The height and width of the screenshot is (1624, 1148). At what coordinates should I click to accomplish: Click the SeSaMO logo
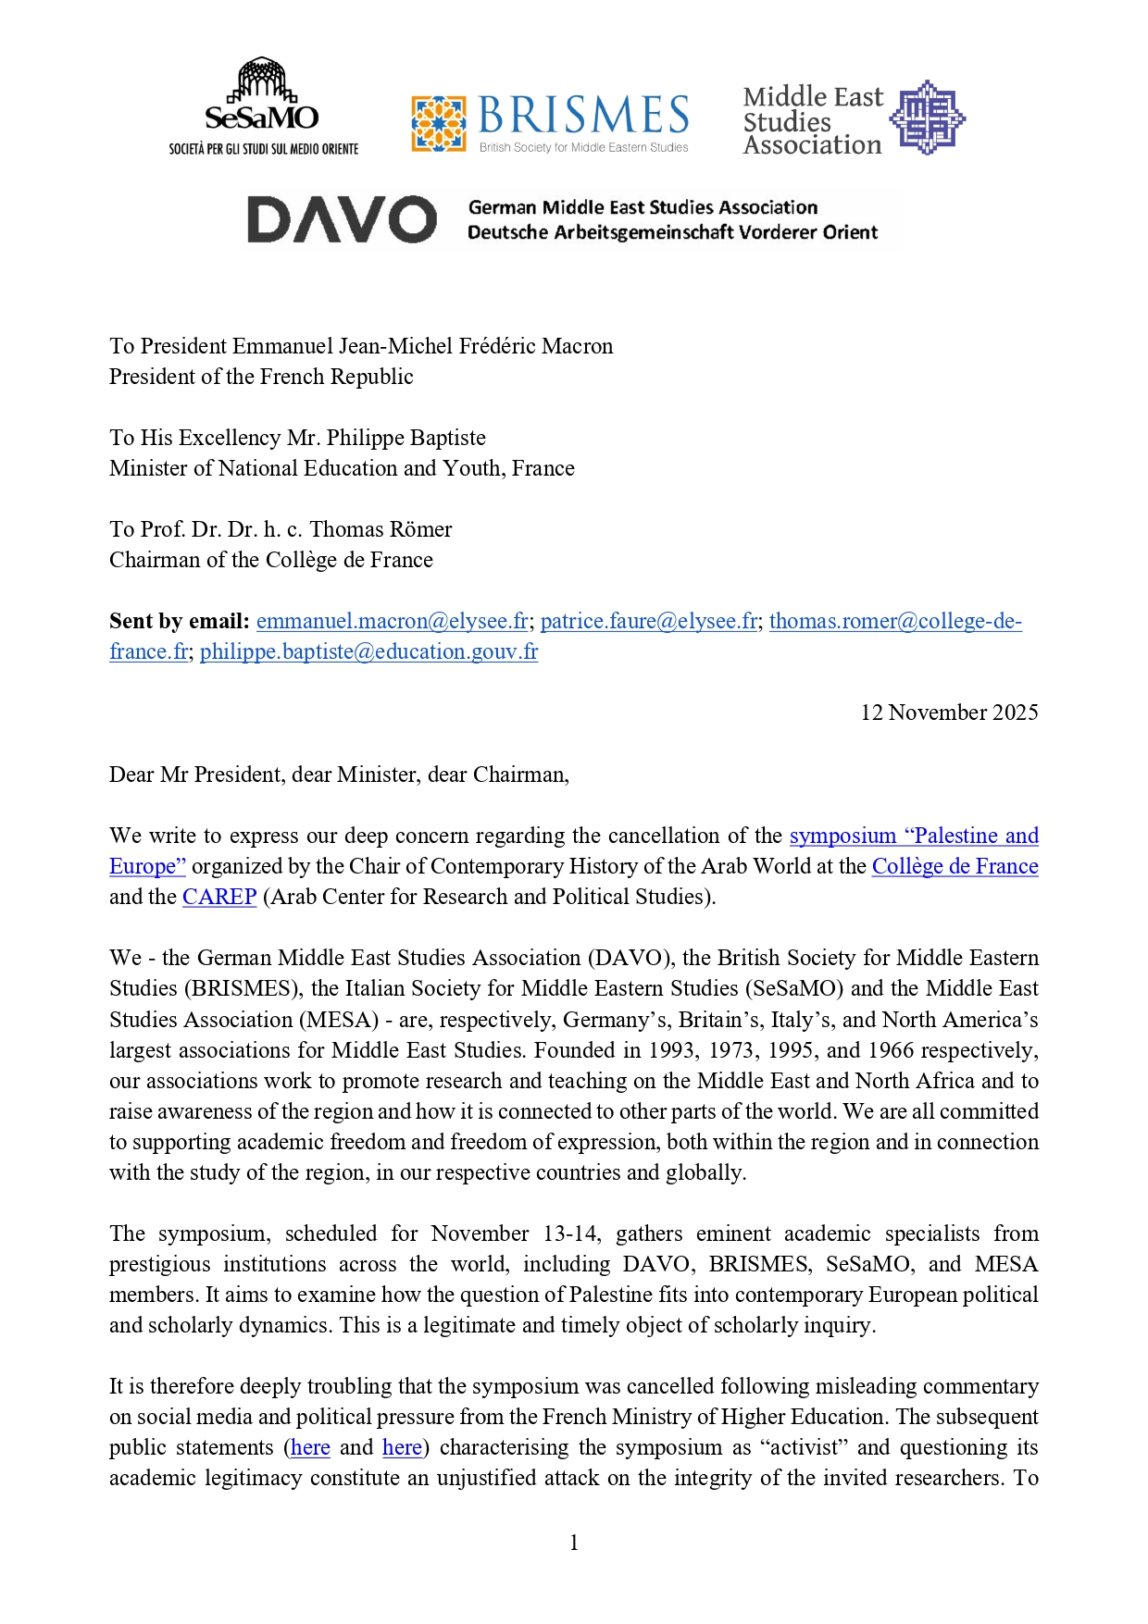coord(263,106)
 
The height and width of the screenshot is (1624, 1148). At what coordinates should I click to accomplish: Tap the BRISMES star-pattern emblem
coord(438,123)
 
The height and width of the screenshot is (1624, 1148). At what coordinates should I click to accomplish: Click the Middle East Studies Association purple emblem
coord(927,118)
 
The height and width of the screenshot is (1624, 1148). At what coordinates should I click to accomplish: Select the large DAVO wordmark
coord(342,220)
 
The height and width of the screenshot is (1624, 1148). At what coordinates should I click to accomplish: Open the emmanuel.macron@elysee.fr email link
coord(392,621)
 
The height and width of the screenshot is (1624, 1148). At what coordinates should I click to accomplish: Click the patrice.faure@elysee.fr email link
coord(648,621)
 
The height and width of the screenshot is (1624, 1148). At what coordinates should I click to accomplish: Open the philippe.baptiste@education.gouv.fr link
coord(368,651)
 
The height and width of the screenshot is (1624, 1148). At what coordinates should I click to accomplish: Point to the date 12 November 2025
coord(949,713)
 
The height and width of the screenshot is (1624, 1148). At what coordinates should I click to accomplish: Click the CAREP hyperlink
coord(219,897)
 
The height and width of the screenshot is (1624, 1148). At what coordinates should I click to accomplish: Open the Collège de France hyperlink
coord(955,866)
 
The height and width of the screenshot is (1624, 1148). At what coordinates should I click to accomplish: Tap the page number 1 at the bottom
coord(574,1543)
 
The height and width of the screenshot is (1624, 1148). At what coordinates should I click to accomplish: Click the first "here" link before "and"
coord(310,1447)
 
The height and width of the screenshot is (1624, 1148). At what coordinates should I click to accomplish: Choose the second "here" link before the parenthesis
coord(402,1447)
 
